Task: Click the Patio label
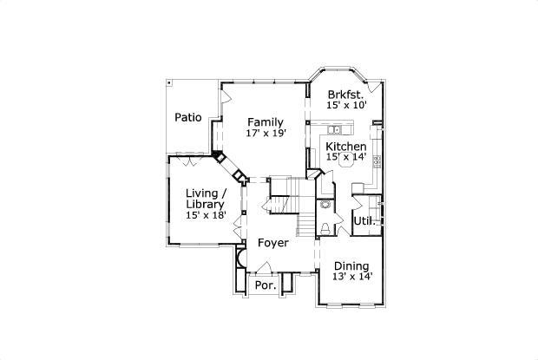click(187, 117)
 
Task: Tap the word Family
click(264, 121)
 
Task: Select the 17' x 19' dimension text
click(264, 134)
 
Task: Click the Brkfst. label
click(346, 93)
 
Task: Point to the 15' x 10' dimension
click(346, 105)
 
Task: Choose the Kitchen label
click(346, 147)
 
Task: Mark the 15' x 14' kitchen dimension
click(346, 158)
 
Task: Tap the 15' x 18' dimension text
click(206, 215)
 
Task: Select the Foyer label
click(273, 243)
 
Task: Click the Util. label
click(363, 221)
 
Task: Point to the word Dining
click(351, 265)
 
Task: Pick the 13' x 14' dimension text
click(351, 277)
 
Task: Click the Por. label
click(265, 285)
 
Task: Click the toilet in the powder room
click(325, 227)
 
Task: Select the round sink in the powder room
click(325, 206)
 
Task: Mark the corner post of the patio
click(169, 83)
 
